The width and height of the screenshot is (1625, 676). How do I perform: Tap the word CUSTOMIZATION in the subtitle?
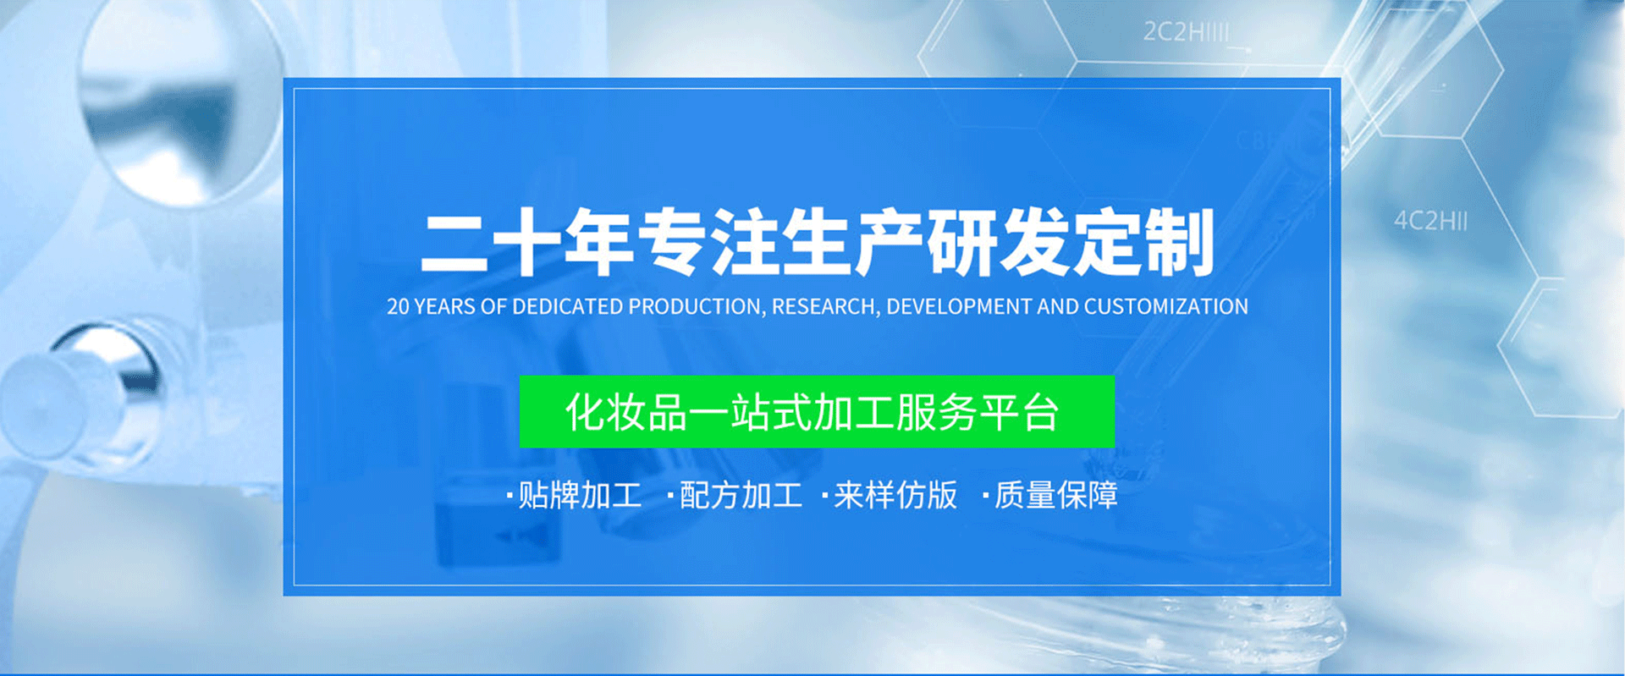pos(1165,306)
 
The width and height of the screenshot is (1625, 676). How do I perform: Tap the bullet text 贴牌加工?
pos(580,496)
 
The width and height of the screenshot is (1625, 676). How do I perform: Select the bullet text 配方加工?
pos(741,496)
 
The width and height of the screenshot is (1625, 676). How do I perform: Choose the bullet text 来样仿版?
pos(895,496)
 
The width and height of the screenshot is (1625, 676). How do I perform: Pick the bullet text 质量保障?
pos(1056,496)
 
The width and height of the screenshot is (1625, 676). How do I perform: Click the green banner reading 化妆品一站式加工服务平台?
pos(817,412)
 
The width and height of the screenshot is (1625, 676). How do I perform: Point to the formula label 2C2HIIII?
pos(1186,32)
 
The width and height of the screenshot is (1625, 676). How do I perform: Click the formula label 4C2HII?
pos(1431,221)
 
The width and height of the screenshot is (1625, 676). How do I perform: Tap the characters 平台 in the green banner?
pos(1019,413)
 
